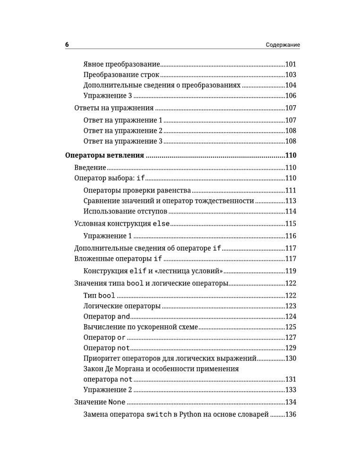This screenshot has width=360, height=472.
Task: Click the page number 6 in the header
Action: [x=67, y=44]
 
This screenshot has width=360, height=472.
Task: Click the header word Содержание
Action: [x=283, y=45]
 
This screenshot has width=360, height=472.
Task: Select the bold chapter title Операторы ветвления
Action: [x=104, y=155]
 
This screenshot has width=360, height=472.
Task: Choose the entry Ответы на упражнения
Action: [x=114, y=108]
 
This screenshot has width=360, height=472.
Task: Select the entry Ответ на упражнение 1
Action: [x=123, y=120]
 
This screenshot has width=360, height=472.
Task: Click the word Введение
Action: [x=90, y=168]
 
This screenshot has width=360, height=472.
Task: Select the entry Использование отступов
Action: [x=125, y=211]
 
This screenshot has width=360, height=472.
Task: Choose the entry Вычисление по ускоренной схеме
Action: [x=140, y=327]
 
